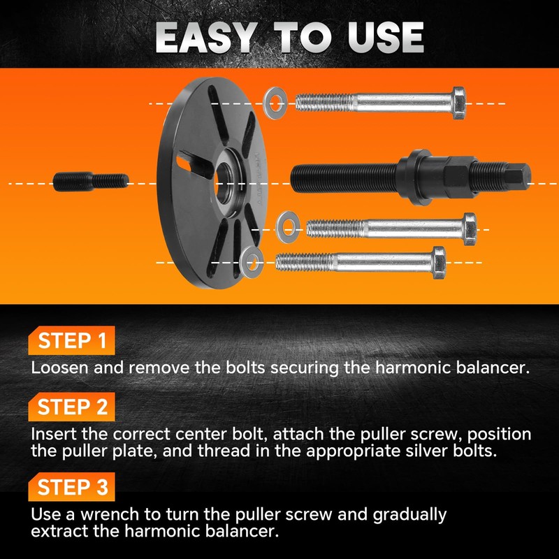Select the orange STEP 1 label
(x=72, y=342)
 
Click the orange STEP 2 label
(x=72, y=407)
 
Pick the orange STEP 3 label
(x=72, y=487)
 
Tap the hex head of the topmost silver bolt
(x=458, y=103)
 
